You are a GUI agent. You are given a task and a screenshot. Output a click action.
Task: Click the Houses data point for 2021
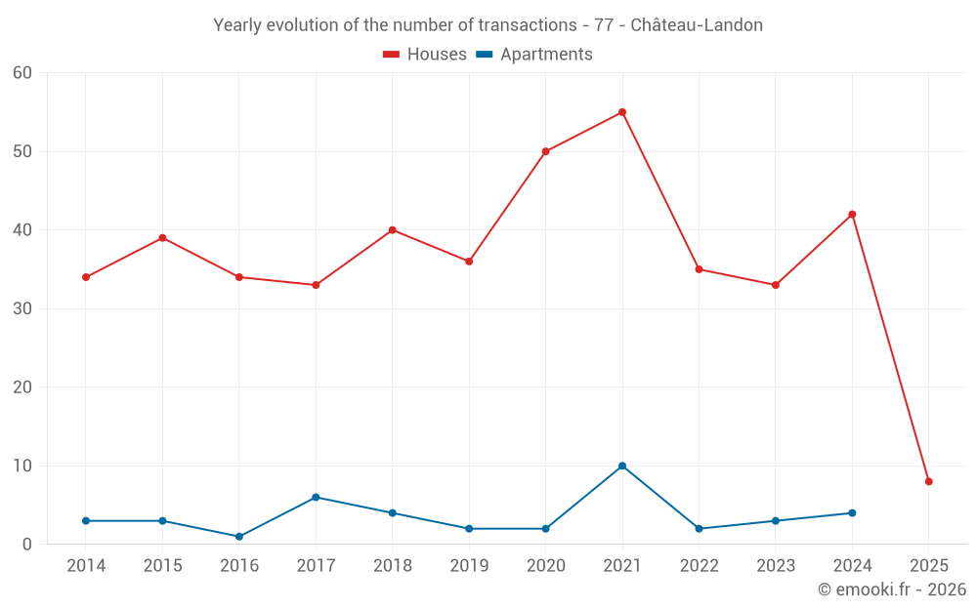click(622, 112)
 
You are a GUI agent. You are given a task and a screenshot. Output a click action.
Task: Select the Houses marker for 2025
click(929, 481)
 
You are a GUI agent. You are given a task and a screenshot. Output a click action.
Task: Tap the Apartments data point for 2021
click(622, 466)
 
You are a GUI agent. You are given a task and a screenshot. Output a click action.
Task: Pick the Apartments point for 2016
click(239, 537)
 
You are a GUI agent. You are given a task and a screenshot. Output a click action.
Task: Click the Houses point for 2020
click(545, 151)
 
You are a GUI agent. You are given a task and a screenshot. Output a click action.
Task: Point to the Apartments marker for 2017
click(316, 497)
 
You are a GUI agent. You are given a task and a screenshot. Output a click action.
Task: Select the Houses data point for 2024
click(852, 215)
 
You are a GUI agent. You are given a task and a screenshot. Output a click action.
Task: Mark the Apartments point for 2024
click(852, 512)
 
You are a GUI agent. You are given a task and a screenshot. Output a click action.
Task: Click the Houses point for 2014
click(86, 277)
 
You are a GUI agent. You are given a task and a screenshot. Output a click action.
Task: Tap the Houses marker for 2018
click(393, 230)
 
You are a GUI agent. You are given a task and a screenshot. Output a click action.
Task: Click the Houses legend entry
click(425, 55)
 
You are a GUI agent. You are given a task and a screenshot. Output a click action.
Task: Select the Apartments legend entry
click(534, 55)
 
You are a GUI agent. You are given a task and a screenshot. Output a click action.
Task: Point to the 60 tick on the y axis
click(22, 73)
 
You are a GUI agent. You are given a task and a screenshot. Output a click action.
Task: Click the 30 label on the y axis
click(22, 308)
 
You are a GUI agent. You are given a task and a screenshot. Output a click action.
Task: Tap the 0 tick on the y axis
click(27, 545)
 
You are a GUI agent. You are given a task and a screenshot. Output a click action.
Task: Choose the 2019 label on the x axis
click(469, 566)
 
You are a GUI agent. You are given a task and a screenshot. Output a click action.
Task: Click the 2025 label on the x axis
click(929, 566)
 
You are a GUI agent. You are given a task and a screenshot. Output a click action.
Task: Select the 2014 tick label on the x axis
click(86, 566)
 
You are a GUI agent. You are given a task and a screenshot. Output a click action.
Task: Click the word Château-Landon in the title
click(697, 25)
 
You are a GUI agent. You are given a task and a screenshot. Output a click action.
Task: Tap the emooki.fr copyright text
click(892, 590)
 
